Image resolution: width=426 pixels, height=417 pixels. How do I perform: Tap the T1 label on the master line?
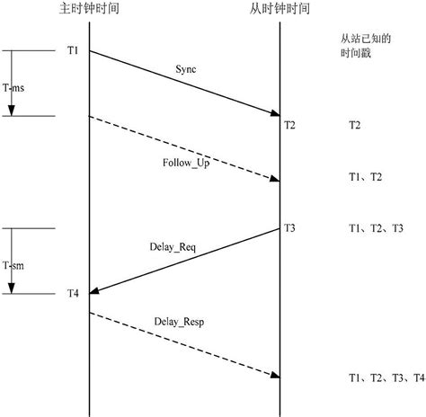[73, 50]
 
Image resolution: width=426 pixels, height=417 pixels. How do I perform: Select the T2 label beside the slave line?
[289, 125]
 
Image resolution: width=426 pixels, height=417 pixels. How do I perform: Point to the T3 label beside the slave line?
[289, 227]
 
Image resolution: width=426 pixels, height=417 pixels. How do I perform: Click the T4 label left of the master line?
[73, 294]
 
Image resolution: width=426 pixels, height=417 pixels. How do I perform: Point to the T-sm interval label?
[13, 265]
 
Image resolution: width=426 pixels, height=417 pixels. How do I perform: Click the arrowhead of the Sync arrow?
[277, 113]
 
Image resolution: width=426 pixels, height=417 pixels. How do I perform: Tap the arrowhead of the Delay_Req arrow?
[93, 291]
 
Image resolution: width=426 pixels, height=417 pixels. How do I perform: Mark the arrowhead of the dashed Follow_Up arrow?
[277, 180]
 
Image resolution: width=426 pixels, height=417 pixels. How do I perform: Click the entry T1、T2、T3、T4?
[386, 377]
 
